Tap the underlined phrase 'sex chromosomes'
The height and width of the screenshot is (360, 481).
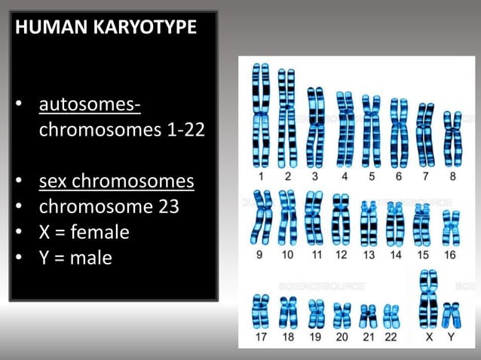point(116,182)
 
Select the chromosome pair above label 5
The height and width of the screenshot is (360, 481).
point(371,130)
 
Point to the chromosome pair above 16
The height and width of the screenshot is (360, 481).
point(450,227)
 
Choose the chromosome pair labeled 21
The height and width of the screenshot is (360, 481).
point(369,316)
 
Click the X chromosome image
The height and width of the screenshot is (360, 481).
point(428,298)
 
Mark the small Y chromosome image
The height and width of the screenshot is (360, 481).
point(451,314)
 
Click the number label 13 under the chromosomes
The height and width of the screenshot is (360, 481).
point(369,255)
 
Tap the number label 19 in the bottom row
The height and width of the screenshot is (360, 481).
point(315,337)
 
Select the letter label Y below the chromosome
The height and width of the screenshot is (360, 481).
point(451,337)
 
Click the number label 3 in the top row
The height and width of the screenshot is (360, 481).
point(315,177)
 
